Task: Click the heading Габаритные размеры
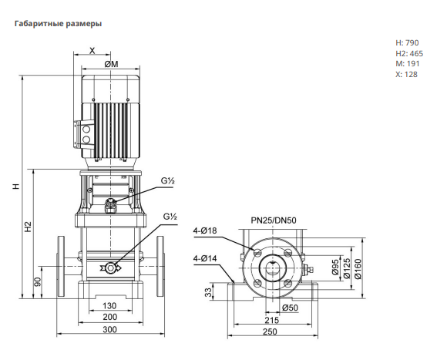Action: (58, 24)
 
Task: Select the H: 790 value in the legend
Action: (407, 42)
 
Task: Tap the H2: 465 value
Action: (409, 53)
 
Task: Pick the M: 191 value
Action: (408, 63)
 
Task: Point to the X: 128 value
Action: (407, 74)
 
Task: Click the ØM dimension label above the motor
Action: (111, 64)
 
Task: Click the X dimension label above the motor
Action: (92, 50)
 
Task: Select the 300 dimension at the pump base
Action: (109, 329)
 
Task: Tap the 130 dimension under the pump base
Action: (109, 306)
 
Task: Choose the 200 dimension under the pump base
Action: (109, 317)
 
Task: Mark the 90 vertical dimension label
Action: (38, 282)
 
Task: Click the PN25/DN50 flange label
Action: (274, 220)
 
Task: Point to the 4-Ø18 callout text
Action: (205, 230)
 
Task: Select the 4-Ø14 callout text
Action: (205, 258)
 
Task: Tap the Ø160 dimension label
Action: (358, 269)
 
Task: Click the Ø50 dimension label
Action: (290, 308)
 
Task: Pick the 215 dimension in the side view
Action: (272, 320)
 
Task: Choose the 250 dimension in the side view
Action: (270, 331)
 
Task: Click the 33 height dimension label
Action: (208, 292)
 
